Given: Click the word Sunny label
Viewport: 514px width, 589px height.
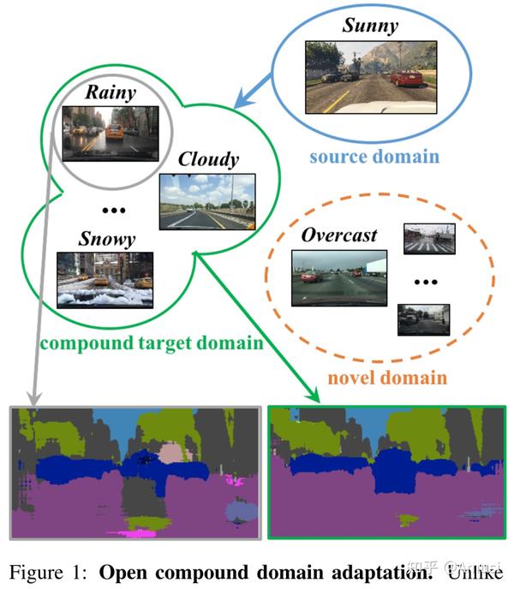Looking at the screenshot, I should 370,26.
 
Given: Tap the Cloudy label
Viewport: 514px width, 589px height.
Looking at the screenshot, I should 208,160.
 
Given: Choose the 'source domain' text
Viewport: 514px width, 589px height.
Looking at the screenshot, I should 374,157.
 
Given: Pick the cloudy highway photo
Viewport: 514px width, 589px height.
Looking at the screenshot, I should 207,201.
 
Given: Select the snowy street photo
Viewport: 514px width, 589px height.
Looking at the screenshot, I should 105,280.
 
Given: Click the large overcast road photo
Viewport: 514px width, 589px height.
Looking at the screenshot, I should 339,277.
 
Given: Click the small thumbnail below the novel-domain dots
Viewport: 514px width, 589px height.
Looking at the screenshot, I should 423,318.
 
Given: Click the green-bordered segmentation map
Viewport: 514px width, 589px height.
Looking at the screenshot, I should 382,473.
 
